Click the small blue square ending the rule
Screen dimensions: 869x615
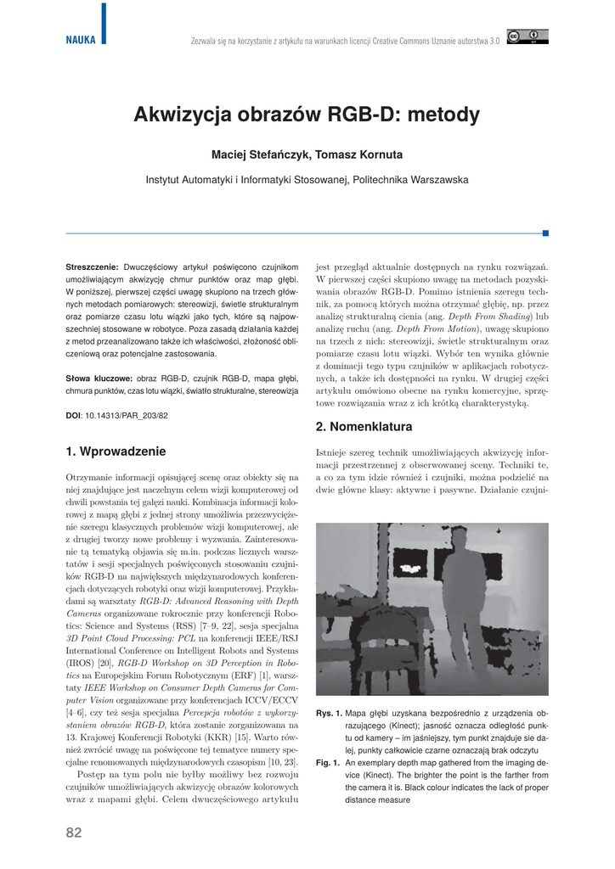[545, 232]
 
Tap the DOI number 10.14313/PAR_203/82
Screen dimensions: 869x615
[127, 415]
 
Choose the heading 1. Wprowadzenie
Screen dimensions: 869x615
[116, 451]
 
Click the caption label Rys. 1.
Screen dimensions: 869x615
[328, 714]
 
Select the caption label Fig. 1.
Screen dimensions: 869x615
[328, 763]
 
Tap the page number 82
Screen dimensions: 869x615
[74, 833]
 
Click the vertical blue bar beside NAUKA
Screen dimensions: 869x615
[104, 23]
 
